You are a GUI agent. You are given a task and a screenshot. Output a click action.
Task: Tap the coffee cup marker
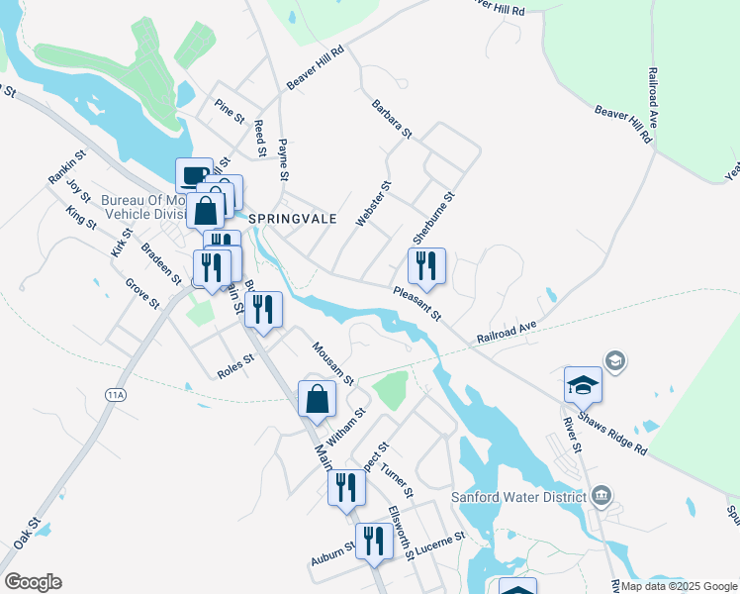pyautogui.click(x=194, y=175)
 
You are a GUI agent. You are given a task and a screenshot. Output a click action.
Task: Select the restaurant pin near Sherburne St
pyautogui.click(x=427, y=265)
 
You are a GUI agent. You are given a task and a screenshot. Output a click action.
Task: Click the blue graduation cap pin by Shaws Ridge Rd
pyautogui.click(x=583, y=384)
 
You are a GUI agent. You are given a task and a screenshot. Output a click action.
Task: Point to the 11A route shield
pyautogui.click(x=117, y=395)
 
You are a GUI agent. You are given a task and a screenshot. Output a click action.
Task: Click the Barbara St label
pyautogui.click(x=392, y=118)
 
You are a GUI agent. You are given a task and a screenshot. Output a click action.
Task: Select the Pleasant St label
pyautogui.click(x=416, y=302)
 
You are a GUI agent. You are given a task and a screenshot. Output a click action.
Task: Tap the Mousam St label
pyautogui.click(x=333, y=363)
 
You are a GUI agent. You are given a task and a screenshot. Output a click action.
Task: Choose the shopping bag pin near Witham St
pyautogui.click(x=317, y=399)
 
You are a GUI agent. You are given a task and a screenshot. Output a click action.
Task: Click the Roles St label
pyautogui.click(x=236, y=367)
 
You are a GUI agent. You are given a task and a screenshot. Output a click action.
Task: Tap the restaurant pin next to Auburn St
pyautogui.click(x=373, y=541)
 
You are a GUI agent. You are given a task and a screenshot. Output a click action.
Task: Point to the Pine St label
pyautogui.click(x=230, y=112)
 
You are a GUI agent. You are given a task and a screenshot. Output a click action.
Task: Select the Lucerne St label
pyautogui.click(x=440, y=544)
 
